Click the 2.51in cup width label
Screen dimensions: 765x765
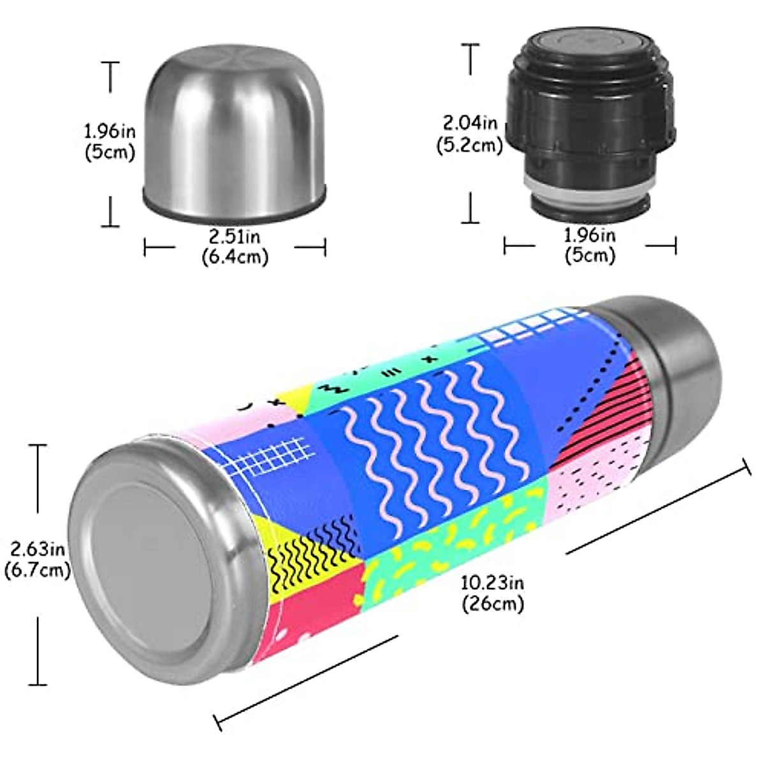(x=235, y=237)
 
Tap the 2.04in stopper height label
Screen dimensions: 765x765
(x=470, y=121)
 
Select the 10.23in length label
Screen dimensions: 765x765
(x=492, y=582)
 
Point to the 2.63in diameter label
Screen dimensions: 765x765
(x=37, y=548)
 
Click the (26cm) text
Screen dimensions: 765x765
(x=492, y=603)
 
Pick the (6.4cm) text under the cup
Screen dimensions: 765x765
(x=235, y=258)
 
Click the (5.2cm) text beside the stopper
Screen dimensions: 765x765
(x=470, y=145)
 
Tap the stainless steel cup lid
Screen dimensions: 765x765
(x=235, y=127)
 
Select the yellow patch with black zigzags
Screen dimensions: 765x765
(x=306, y=555)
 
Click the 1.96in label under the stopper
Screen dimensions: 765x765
(x=590, y=236)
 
